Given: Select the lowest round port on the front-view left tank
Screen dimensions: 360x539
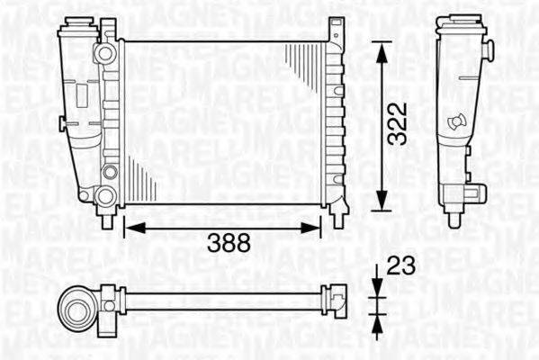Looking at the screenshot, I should [105, 195].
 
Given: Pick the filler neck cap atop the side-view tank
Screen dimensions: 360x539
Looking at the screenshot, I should [459, 25].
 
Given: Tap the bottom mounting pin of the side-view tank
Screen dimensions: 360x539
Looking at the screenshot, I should [454, 216].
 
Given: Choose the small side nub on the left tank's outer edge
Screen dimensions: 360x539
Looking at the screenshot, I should [61, 121].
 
